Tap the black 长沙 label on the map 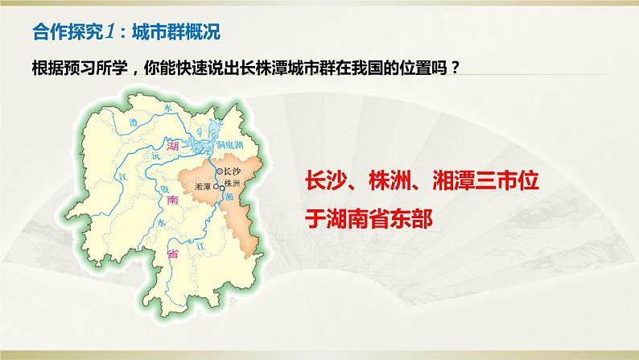point(233,172)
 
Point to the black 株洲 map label point(233,184)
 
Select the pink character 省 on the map point(171,254)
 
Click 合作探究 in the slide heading point(64,33)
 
